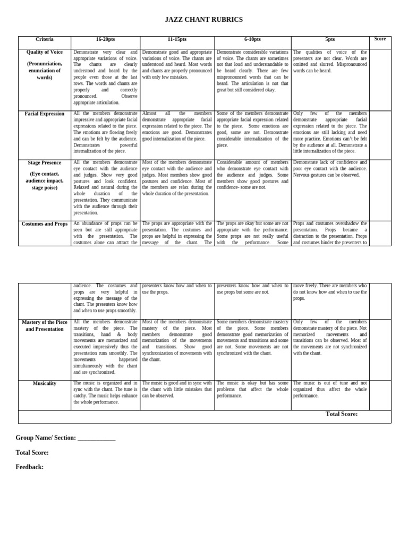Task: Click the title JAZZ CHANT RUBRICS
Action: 203,20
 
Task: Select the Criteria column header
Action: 45,39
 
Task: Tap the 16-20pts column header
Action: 105,40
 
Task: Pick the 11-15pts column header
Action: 177,40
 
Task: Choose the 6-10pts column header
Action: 252,40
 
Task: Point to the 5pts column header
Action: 330,40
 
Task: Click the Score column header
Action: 380,39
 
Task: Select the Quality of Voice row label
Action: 45,52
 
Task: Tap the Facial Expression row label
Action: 45,114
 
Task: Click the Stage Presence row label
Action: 45,162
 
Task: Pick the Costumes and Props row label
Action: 45,224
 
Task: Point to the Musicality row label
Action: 45,383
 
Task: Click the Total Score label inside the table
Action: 341,414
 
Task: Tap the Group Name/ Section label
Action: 46,438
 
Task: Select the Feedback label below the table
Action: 30,467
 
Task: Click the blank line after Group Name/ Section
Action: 96,439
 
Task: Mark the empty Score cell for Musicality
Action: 380,394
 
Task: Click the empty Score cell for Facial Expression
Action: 380,135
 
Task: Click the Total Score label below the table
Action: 32,453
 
